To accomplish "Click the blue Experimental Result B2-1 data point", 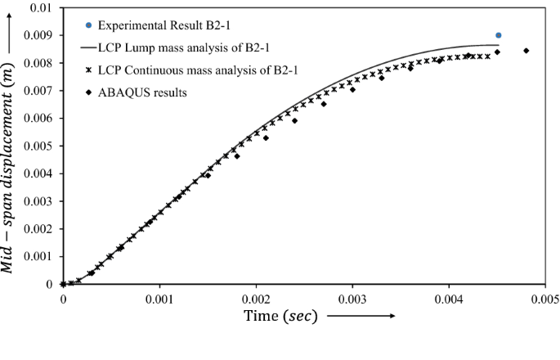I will point(499,35).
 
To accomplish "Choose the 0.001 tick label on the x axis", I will point(159,299).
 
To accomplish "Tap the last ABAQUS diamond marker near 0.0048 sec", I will point(526,51).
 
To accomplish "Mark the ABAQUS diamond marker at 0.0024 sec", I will point(294,120).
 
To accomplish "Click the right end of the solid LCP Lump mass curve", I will point(499,45).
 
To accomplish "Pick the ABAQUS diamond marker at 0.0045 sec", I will point(497,52).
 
